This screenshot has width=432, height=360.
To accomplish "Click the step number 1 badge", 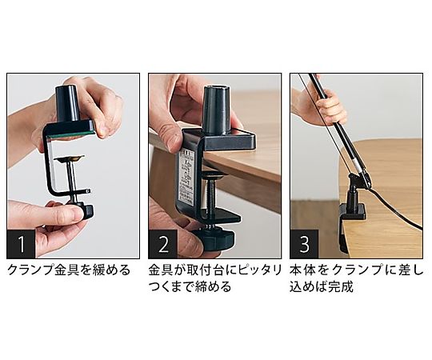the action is point(21,244).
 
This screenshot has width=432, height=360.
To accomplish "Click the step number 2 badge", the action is point(163,244).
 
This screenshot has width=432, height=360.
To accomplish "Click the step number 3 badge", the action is point(304,244).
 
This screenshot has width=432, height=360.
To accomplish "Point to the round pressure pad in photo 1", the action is point(69,158).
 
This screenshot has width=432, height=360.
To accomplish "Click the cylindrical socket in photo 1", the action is point(66,103).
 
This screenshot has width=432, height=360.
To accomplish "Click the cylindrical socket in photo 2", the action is point(216,110).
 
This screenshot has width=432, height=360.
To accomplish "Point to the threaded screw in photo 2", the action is point(212,198).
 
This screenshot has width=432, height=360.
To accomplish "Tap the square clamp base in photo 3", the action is point(353,212).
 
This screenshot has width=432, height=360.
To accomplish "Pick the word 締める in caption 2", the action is point(213,287).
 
